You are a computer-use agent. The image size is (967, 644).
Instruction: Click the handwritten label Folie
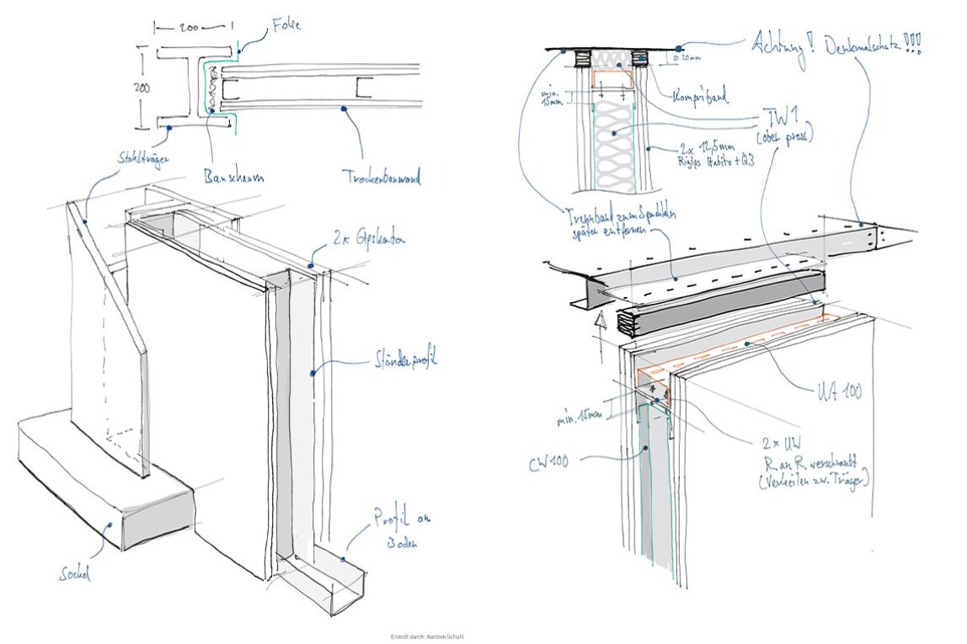coord(286,26)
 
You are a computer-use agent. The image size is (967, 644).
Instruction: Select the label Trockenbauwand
coord(382,178)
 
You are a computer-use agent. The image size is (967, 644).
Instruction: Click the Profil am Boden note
coord(394,530)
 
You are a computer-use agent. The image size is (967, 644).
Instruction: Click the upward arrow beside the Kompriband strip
coord(601,321)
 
